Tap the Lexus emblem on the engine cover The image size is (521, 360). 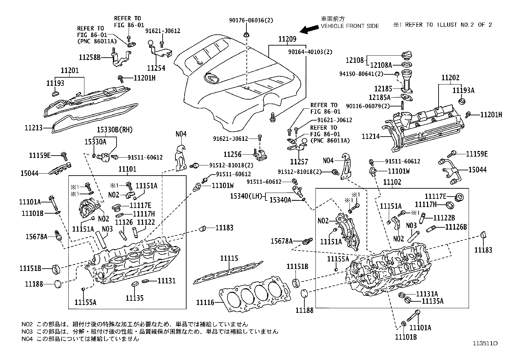click(210, 78)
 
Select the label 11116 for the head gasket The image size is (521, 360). click(205, 302)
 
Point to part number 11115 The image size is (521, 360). click(229, 258)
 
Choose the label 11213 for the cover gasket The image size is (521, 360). click(34, 127)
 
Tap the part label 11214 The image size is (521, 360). click(370, 136)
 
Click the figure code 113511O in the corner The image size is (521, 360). click(485, 343)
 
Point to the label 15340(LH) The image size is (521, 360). click(246, 196)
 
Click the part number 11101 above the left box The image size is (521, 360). click(127, 169)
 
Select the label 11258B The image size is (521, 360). click(90, 57)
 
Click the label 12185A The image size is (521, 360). click(380, 97)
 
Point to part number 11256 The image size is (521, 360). click(232, 154)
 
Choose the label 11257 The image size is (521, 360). click(299, 161)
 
